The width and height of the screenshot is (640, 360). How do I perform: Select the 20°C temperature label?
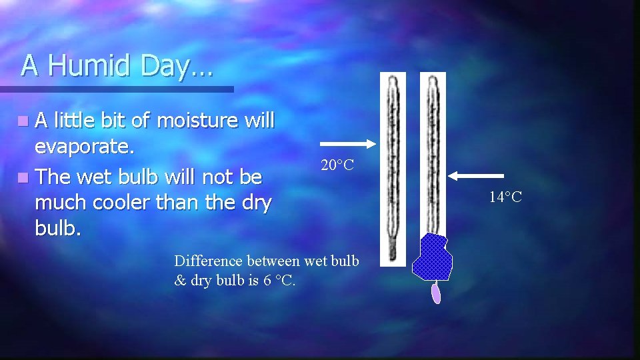click(x=337, y=165)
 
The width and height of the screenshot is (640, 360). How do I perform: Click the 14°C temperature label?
click(x=505, y=197)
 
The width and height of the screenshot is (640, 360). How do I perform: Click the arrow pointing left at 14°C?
click(x=476, y=176)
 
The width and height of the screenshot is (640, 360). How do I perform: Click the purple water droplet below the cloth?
click(x=436, y=293)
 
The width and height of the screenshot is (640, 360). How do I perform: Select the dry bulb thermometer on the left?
click(x=393, y=167)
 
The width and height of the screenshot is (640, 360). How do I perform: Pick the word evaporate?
click(x=85, y=148)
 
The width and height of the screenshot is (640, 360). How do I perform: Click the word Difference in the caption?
click(x=209, y=260)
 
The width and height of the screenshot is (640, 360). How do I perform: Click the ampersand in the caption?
click(x=179, y=280)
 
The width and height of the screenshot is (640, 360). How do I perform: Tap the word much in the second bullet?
click(x=59, y=203)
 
